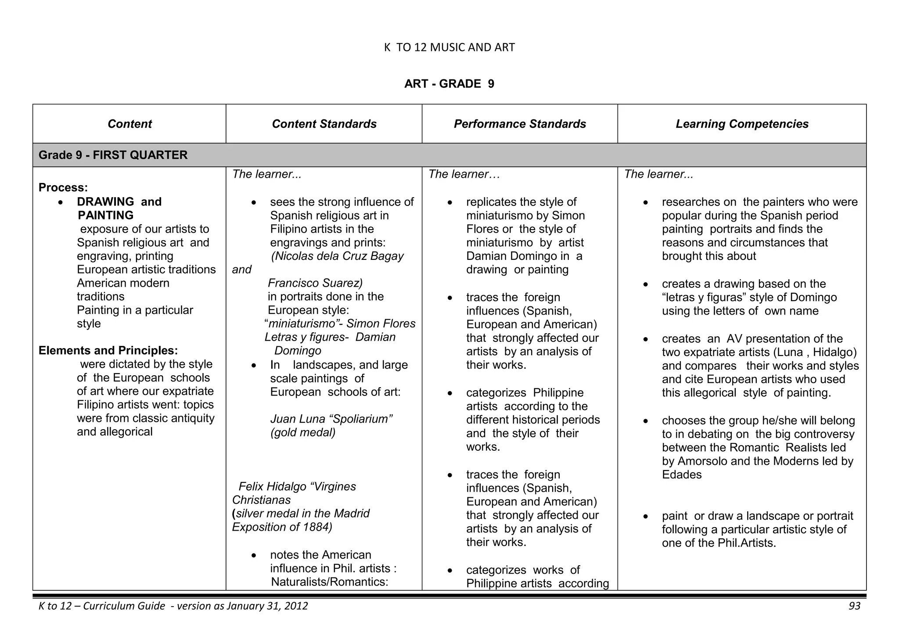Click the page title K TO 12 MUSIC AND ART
pos(449,47)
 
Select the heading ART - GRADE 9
pos(449,84)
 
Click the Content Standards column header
pos(324,124)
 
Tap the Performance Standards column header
pos(520,124)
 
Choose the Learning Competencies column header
pos(742,124)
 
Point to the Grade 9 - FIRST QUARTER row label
pos(113,155)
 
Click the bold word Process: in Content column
pos(63,187)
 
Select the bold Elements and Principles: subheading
pos(108,350)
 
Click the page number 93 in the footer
pos(854,606)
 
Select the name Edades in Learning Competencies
pos(682,474)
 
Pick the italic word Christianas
pos(261,500)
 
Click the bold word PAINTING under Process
pos(105,215)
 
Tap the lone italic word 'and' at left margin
pos(241,269)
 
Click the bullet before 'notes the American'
pos(254,556)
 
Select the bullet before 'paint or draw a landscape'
pos(645,517)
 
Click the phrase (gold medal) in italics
pos(303,432)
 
